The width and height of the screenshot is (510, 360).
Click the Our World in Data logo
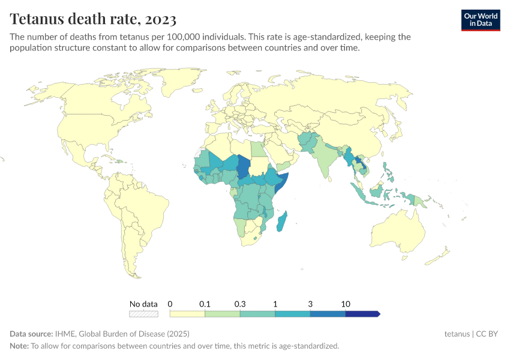coord(480,20)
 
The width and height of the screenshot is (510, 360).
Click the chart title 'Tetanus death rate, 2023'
coord(93,19)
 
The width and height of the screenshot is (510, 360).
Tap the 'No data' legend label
coord(143,304)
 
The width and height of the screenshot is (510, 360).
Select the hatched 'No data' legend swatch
coord(143,314)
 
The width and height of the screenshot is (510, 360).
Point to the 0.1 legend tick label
coord(205,304)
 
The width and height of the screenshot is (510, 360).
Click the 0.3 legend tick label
coord(240,304)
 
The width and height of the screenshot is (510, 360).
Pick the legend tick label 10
coord(346,304)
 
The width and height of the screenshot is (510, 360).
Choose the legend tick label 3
coord(310,304)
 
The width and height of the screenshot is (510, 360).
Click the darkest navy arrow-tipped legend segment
coord(362,314)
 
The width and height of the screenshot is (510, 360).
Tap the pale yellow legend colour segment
coord(187,314)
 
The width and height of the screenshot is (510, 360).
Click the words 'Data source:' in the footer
coord(31,334)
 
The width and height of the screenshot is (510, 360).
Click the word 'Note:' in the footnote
coord(20,346)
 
